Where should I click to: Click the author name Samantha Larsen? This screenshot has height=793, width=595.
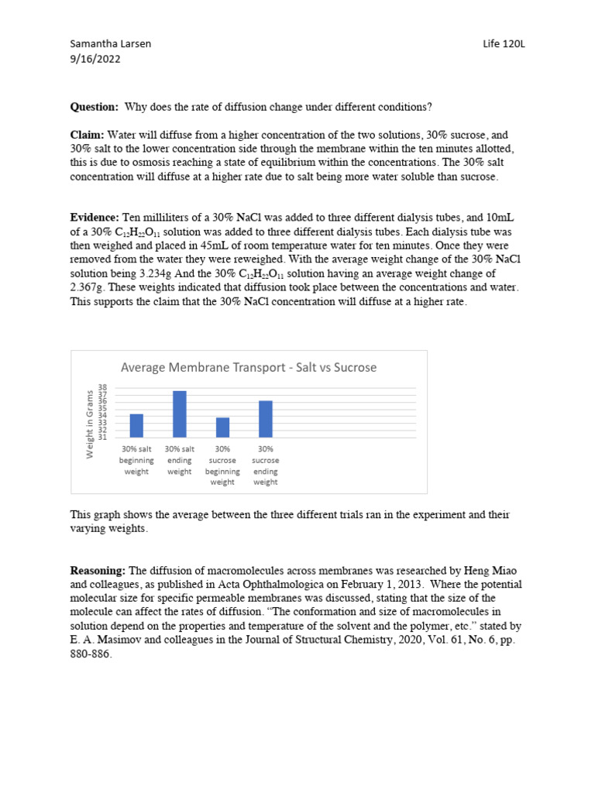click(x=111, y=44)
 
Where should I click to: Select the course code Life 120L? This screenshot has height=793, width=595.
click(x=503, y=44)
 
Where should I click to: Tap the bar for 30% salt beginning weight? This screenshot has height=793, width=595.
click(x=136, y=426)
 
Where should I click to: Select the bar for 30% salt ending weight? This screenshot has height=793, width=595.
click(x=180, y=414)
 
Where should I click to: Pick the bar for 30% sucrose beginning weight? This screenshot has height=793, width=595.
click(x=222, y=427)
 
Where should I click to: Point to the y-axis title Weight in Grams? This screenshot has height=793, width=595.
click(x=90, y=424)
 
